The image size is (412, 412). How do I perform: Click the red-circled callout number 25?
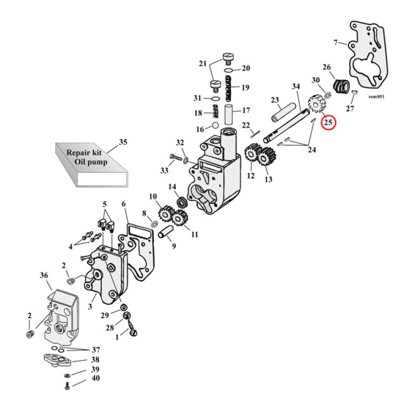[x=328, y=123]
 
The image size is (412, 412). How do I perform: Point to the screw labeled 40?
[x=67, y=387]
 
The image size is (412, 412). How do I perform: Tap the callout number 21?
[x=202, y=64]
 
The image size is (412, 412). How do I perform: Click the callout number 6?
[x=124, y=204]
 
